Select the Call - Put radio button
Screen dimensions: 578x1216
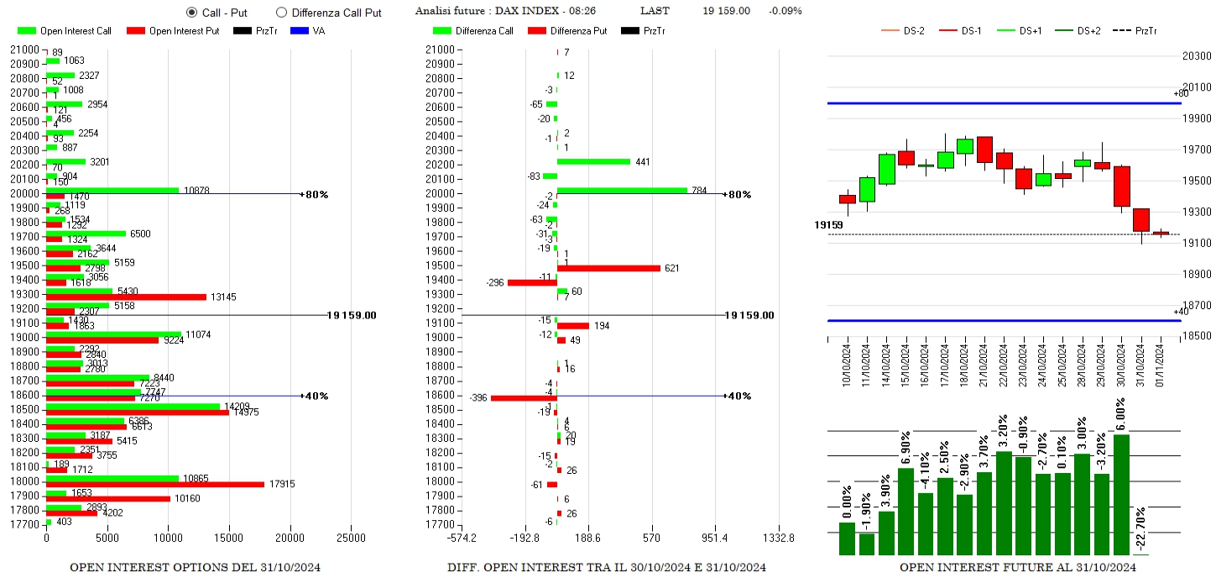click(x=191, y=13)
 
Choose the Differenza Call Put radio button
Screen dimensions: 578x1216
click(x=281, y=13)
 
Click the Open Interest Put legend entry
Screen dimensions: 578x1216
click(x=172, y=31)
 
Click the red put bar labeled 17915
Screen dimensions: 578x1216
click(x=155, y=485)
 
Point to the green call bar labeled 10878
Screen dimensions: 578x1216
click(x=112, y=191)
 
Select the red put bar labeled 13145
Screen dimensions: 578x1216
click(x=126, y=297)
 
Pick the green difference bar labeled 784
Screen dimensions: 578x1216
click(x=622, y=191)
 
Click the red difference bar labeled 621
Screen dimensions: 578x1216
click(x=608, y=268)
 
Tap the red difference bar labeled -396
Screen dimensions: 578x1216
click(x=524, y=397)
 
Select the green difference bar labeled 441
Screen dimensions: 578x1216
click(x=593, y=161)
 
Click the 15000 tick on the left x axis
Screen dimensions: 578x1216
click(x=229, y=538)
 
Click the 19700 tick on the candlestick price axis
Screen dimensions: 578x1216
click(x=1194, y=150)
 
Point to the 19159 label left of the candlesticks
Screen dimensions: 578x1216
click(x=828, y=225)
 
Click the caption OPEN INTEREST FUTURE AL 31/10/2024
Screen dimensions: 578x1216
click(x=1018, y=568)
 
